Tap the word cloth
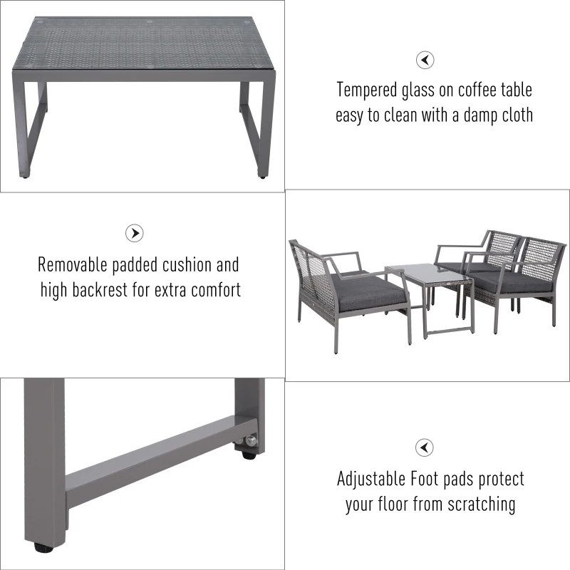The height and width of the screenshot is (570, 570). coord(513,115)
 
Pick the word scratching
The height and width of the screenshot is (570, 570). coord(480,504)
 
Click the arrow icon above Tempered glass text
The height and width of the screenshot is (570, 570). coord(425,60)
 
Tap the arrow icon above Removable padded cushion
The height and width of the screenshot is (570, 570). coord(135,233)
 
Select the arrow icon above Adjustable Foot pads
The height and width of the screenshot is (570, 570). coord(425,447)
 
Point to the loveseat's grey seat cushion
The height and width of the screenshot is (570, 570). coord(367,291)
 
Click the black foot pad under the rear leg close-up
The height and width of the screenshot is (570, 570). coord(250,445)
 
